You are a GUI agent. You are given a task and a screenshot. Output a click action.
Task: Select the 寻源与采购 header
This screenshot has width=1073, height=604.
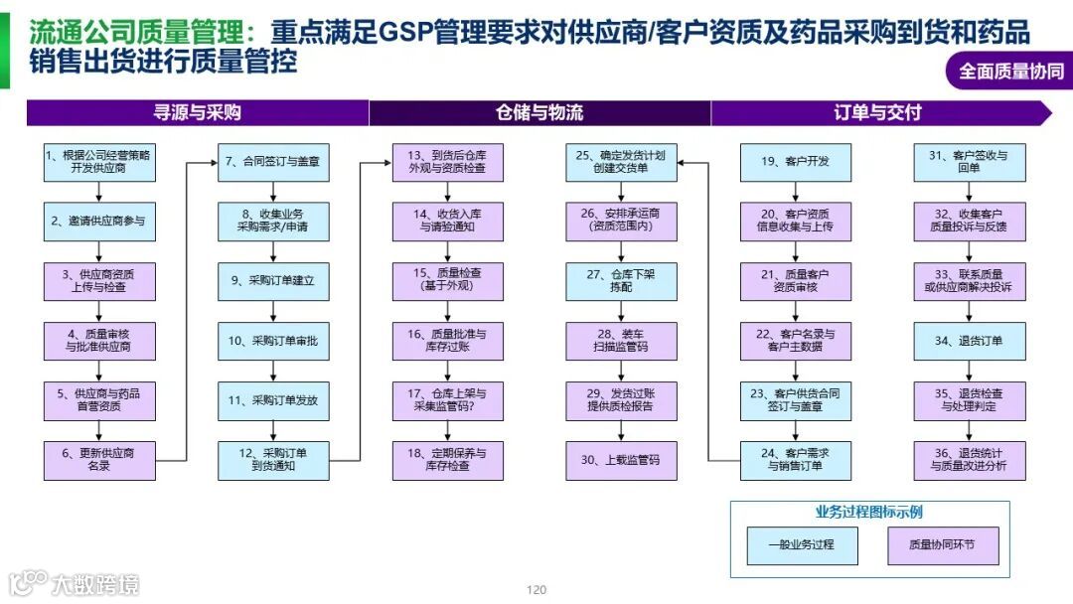coord(197,112)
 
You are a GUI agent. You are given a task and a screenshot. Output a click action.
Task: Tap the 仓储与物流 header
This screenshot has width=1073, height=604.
coord(539,112)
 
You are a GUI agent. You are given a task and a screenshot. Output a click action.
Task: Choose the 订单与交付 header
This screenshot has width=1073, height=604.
coord(878,112)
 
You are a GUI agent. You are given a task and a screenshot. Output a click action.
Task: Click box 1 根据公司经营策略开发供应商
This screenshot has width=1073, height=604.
coord(99,162)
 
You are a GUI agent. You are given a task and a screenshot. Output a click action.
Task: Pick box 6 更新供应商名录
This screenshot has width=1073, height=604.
coord(99,460)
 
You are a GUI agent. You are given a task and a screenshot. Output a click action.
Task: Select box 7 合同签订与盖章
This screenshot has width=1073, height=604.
coord(273,162)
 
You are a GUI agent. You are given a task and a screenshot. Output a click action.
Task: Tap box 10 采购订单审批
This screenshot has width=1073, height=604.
coord(273,341)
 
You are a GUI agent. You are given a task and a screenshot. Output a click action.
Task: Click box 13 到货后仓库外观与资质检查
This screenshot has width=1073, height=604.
coord(447,162)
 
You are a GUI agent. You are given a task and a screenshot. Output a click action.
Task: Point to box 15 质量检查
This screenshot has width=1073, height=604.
coord(447,280)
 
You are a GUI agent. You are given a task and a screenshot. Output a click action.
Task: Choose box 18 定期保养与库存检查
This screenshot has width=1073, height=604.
coord(447,460)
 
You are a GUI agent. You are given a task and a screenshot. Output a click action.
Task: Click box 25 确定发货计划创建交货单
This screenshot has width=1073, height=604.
coord(621,162)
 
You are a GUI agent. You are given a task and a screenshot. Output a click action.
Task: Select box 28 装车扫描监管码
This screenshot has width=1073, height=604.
coord(621,341)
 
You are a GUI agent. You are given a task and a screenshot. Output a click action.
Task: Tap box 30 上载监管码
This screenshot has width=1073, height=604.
coord(621,460)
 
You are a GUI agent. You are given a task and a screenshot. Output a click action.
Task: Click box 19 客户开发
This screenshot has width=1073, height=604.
coord(795,162)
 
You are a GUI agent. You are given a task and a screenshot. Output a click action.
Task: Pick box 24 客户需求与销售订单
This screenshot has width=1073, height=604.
coord(795,460)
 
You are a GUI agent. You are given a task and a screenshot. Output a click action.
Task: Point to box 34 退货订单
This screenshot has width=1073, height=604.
coord(969,341)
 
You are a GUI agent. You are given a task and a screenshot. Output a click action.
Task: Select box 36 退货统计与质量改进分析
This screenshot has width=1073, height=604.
coord(969,460)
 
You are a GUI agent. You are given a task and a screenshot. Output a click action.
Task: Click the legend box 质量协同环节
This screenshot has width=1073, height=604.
coord(942,545)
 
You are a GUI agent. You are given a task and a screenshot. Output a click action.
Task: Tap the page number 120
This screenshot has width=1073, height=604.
coord(536,590)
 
